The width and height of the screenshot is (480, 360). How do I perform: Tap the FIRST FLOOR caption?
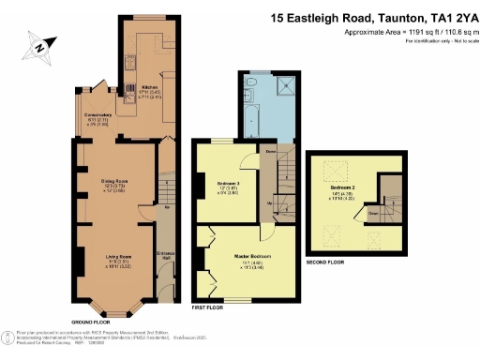point(209,306)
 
